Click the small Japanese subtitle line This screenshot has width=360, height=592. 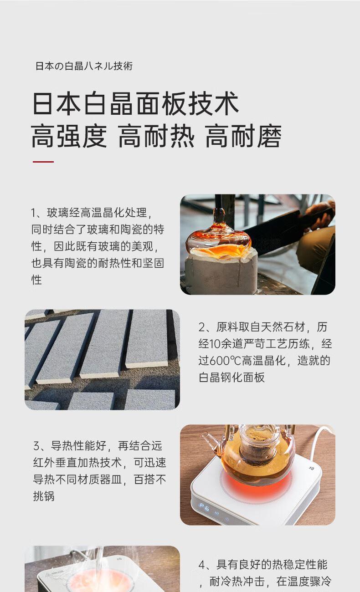click(84, 66)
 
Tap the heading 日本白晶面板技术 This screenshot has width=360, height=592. click(135, 103)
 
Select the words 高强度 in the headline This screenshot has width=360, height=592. click(69, 136)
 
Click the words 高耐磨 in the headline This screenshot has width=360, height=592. click(243, 136)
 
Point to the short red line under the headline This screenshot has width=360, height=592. click(43, 162)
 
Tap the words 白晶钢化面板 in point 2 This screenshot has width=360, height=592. click(231, 378)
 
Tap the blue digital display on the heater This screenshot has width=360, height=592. click(205, 507)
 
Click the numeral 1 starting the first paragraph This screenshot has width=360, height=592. click(33, 213)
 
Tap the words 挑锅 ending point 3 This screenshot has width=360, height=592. click(44, 496)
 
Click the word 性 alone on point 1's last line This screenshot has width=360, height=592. click(36, 280)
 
